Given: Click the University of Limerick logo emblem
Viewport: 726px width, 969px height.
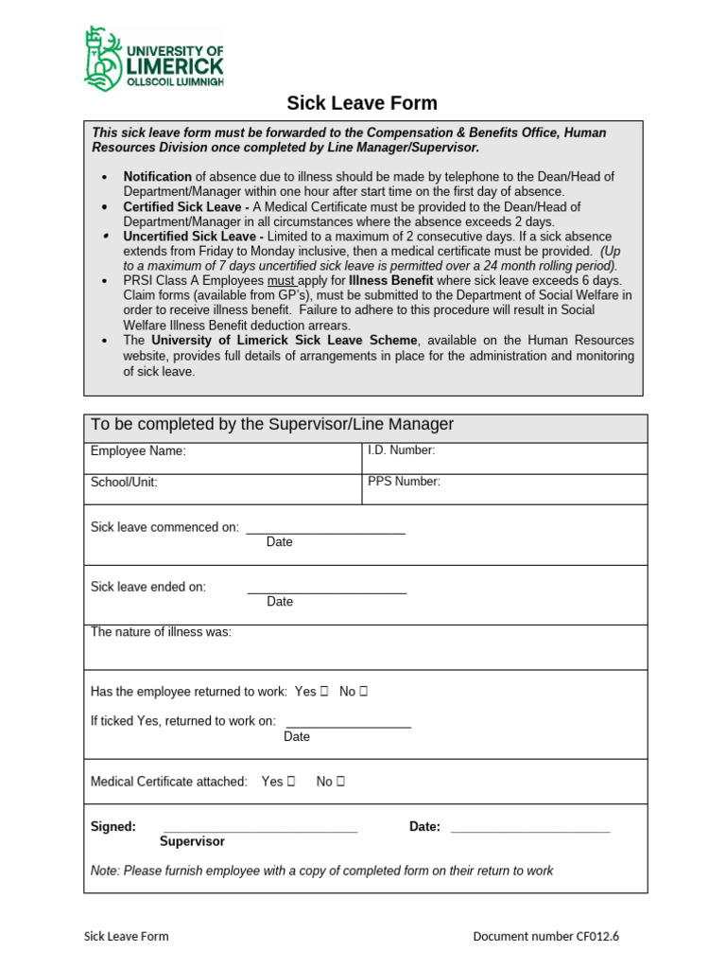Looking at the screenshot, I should click(x=103, y=60).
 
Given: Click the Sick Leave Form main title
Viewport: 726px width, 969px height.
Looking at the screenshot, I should click(x=362, y=103).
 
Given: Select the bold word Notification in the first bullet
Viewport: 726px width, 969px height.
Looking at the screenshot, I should click(x=157, y=177).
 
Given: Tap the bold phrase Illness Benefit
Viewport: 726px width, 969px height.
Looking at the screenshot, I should click(x=390, y=281).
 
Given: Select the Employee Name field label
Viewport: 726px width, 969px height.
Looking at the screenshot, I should click(x=138, y=451).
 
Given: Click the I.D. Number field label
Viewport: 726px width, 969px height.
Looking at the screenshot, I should click(x=401, y=450).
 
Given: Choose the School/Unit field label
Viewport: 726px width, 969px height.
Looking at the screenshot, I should click(x=124, y=483).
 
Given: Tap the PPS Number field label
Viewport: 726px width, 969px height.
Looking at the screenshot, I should click(x=404, y=482).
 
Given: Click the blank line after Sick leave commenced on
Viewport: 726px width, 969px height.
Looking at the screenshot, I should click(x=325, y=532).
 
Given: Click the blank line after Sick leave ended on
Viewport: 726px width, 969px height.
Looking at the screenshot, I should click(x=326, y=591).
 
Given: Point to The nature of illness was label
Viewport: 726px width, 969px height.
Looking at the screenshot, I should click(x=161, y=632).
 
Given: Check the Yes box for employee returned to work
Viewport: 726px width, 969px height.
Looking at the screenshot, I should click(x=324, y=692).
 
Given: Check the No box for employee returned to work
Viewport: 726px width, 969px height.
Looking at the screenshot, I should click(x=363, y=692).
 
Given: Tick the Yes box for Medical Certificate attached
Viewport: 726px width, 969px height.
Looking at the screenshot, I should click(x=291, y=782).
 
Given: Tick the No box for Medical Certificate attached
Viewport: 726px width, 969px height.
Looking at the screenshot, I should click(x=340, y=782).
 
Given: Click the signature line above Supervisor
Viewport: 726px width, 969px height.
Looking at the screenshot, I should click(x=260, y=830).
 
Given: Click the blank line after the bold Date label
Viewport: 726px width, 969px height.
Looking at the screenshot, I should click(x=530, y=830).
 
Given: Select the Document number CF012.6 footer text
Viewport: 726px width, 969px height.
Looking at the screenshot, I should click(x=546, y=937).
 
